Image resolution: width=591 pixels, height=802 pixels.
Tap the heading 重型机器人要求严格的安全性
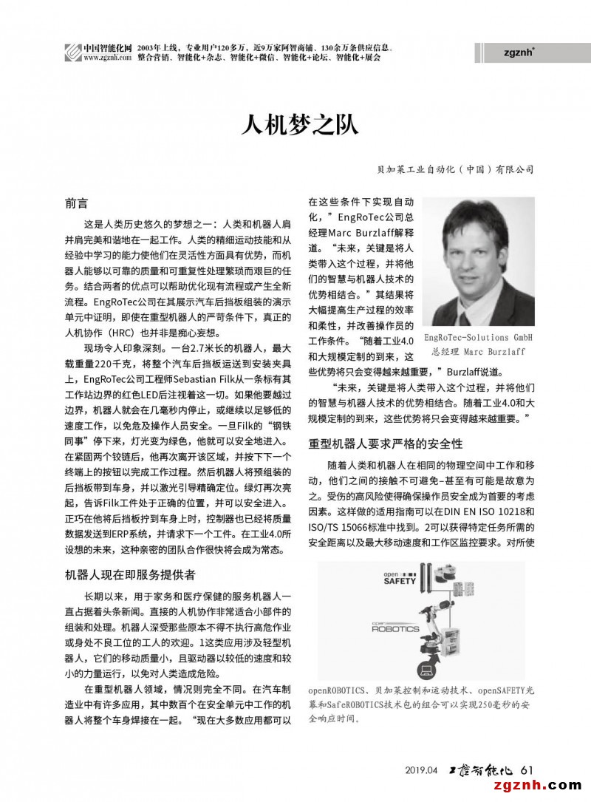coord(385,444)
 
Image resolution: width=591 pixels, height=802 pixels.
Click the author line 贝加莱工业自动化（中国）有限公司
coord(455,169)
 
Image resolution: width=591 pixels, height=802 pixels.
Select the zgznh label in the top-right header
coord(519,52)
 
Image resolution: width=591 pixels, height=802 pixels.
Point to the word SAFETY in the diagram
coord(400,581)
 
